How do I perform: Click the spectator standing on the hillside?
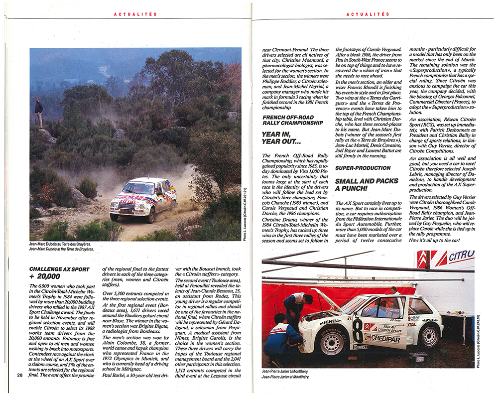[x=39, y=113]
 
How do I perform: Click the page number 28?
[x=19, y=375]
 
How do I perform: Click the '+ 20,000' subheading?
[x=45, y=276]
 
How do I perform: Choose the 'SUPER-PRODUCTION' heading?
[x=363, y=168]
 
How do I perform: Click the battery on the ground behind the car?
[x=418, y=358]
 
